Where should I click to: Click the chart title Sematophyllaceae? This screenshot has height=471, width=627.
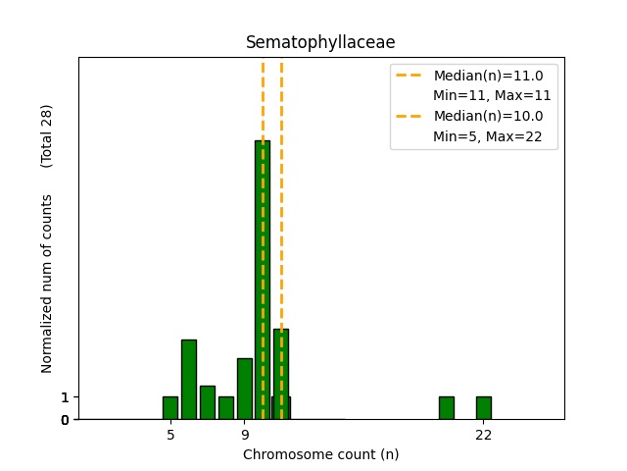(320, 42)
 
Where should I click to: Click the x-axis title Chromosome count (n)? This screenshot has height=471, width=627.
(320, 454)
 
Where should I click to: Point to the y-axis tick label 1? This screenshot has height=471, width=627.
(65, 397)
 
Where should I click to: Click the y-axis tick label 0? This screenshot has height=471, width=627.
(65, 420)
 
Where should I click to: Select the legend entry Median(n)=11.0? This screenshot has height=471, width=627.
(488, 75)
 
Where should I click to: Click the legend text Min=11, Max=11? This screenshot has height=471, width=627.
(492, 95)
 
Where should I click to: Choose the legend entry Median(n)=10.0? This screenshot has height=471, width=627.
(488, 116)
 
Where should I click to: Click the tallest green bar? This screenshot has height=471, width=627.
(263, 280)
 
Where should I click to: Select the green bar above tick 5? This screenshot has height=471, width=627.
(170, 408)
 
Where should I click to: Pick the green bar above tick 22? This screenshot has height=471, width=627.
(483, 408)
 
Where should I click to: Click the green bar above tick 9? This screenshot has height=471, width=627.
(244, 389)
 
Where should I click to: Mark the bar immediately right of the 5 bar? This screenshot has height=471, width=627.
(189, 380)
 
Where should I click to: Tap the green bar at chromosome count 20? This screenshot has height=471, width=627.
(447, 408)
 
